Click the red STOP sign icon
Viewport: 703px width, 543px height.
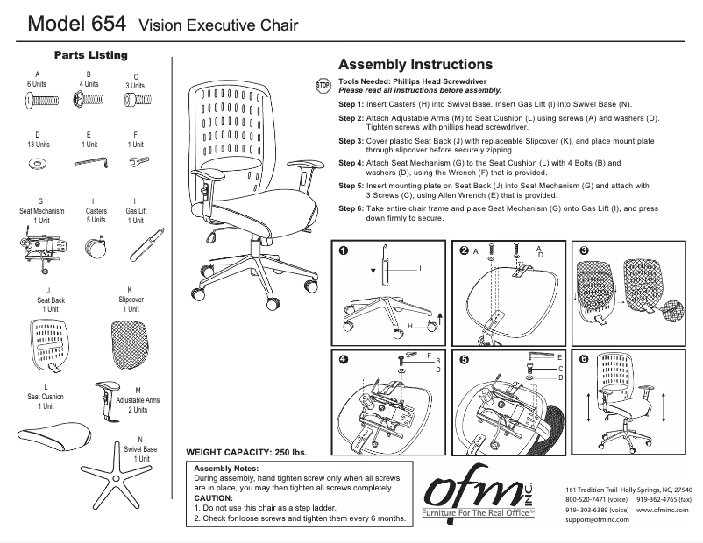(x=321, y=85)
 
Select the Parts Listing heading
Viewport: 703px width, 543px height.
(x=91, y=55)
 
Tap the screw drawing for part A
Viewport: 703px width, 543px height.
(x=39, y=102)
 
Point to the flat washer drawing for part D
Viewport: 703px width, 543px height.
(x=38, y=163)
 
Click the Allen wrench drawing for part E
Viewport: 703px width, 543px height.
(x=89, y=161)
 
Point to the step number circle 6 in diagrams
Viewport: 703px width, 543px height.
(x=584, y=359)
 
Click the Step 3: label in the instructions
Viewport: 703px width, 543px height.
(x=351, y=140)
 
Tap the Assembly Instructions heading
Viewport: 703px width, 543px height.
(x=415, y=65)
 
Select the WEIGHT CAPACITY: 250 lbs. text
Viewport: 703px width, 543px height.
(x=246, y=452)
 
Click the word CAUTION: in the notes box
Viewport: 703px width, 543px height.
(x=214, y=497)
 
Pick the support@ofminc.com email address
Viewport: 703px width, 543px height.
(x=602, y=519)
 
